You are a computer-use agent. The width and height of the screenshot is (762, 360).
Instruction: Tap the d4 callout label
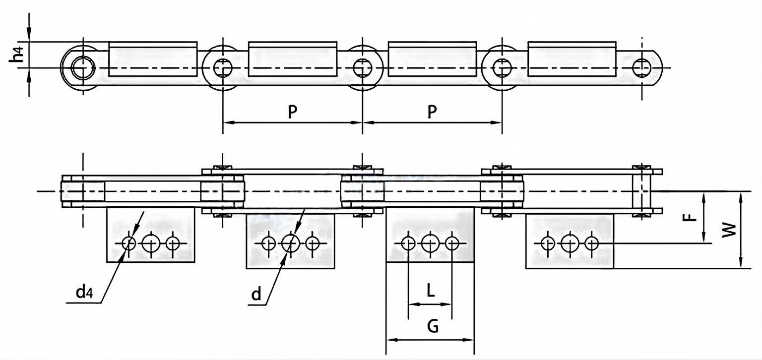click(84, 292)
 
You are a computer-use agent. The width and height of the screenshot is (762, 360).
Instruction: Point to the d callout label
click(256, 295)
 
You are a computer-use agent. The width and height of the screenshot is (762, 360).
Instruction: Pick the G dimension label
click(432, 327)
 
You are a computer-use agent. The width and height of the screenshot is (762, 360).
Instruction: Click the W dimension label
click(728, 230)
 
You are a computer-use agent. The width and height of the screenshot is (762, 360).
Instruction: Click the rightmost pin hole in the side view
click(642, 67)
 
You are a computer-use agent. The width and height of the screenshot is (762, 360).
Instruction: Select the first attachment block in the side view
click(153, 60)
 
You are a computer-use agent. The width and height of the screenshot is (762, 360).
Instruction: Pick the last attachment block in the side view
click(572, 60)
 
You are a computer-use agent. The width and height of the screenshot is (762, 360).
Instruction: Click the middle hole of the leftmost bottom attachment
click(151, 243)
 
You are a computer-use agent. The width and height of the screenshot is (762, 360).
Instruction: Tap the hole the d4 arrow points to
click(129, 243)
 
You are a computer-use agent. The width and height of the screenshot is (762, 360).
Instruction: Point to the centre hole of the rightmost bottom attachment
click(570, 243)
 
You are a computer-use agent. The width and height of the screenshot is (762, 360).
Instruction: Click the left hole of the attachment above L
click(408, 243)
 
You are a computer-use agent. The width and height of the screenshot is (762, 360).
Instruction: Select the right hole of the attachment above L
click(452, 243)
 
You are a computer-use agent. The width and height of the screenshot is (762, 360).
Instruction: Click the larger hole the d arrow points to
click(290, 243)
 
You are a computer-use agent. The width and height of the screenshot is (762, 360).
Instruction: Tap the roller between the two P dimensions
click(363, 67)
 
